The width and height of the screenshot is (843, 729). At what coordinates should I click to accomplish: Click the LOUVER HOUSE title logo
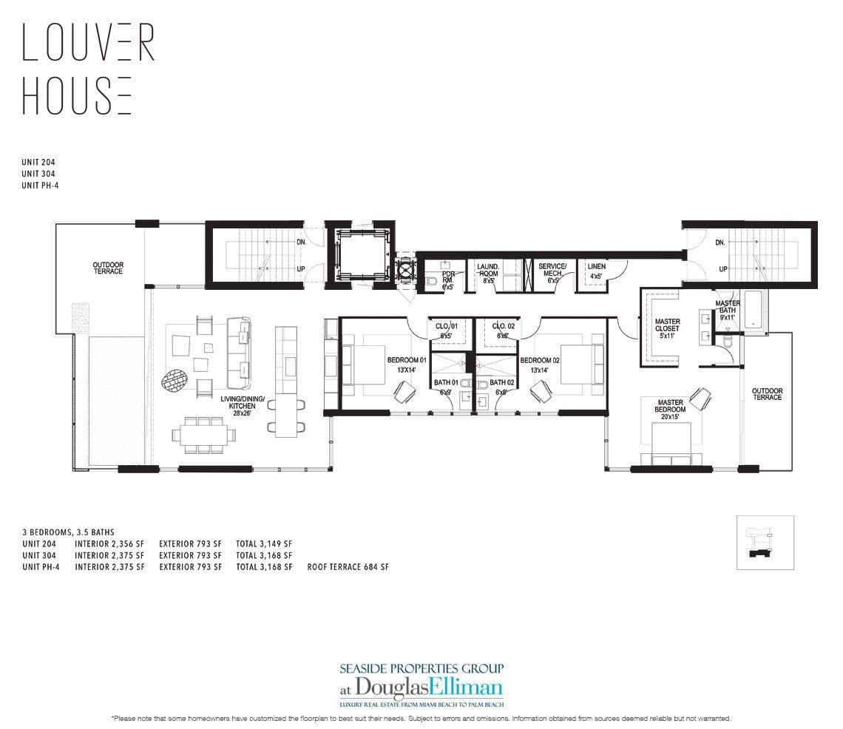[x=88, y=69]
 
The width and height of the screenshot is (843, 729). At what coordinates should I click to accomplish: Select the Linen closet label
[x=596, y=270]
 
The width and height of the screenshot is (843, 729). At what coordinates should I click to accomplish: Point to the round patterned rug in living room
[x=175, y=381]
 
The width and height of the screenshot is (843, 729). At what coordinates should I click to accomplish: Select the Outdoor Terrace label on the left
[x=107, y=268]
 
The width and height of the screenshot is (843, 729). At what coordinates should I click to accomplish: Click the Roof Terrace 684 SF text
[x=348, y=567]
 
